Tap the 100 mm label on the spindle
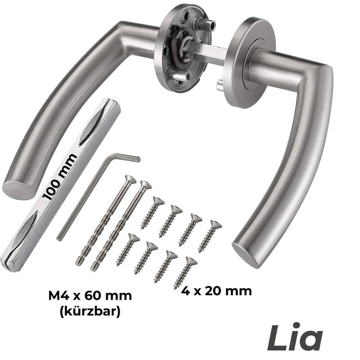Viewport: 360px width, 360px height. point(60,177)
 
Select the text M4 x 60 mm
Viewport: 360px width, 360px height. point(90,296)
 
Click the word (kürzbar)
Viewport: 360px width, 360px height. point(90,311)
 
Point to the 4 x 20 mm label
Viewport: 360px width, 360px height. point(216,291)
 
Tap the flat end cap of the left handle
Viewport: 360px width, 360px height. point(18,190)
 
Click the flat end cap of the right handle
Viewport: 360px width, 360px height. point(246,255)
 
